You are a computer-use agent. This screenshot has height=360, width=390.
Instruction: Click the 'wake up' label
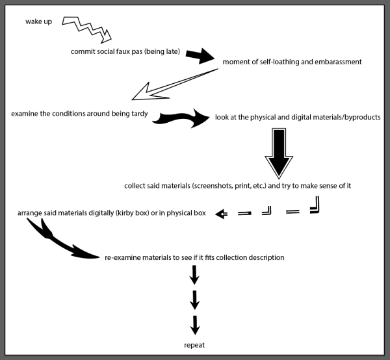tap(38, 21)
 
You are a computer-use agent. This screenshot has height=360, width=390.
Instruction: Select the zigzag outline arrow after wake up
tap(86, 28)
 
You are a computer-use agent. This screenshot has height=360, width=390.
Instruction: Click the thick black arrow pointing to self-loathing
tap(200, 56)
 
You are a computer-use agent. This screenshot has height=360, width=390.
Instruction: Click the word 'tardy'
tap(139, 114)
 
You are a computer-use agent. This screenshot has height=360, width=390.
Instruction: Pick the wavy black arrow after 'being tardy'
tap(181, 118)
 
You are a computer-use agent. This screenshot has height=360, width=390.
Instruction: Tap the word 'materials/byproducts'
tap(343, 117)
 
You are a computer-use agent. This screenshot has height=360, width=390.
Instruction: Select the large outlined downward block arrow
tap(279, 153)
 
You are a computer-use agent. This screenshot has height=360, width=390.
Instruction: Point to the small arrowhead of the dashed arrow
tap(221, 214)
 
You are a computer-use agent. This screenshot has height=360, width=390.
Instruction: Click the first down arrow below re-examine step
tap(194, 275)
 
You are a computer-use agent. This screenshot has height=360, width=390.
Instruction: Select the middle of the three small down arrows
tap(194, 300)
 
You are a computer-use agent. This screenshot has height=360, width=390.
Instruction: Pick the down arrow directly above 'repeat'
tap(195, 326)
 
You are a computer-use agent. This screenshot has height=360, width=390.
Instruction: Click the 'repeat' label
tap(194, 345)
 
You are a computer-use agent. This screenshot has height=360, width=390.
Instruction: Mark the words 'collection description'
tap(250, 257)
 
